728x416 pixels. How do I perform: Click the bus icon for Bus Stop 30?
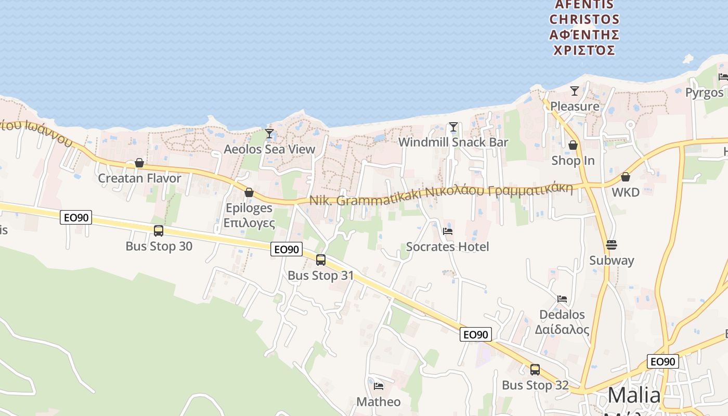coord(159,231)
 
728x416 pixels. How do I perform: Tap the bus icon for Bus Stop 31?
coord(321,260)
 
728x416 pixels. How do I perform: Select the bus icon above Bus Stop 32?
coord(535,370)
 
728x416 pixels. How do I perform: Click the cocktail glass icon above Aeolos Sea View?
coord(269,134)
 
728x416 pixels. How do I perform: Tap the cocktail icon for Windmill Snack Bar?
coord(453,127)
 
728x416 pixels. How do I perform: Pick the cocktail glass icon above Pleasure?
coord(575,91)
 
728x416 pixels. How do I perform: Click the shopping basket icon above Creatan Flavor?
coord(139,163)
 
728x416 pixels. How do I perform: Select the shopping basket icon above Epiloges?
coord(249,193)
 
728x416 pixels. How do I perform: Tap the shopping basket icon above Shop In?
coord(573,145)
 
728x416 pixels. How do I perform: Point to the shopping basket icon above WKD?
coord(626,177)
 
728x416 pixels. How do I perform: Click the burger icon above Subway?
coord(612,244)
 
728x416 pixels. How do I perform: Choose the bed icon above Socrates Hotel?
coord(448,231)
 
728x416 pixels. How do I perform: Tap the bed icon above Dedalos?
coord(562,299)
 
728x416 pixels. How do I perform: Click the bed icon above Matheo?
coord(379,386)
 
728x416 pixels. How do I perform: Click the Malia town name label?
coord(634,396)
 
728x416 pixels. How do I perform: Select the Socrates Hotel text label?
coord(447,246)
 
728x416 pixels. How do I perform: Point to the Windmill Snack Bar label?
coord(453,142)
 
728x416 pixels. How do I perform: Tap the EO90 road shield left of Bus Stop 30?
coord(76,217)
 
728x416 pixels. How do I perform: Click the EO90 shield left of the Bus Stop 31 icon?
coord(287,250)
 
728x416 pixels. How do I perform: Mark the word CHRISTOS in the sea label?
coord(584,20)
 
